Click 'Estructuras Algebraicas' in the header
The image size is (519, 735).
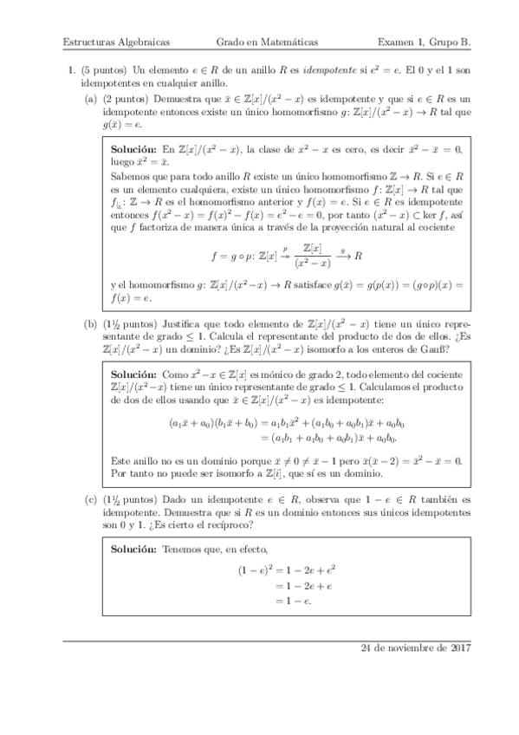[116, 42]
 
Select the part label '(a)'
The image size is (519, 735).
[90, 101]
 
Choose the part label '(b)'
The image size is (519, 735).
[90, 325]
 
